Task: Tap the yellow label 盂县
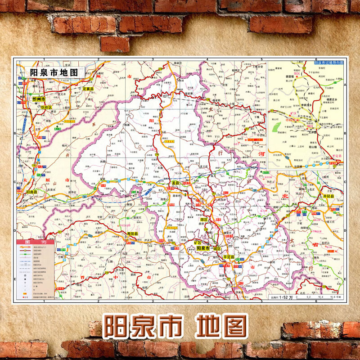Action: (x=175, y=183)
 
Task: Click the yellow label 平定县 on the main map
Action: (x=230, y=256)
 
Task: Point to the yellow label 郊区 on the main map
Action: (x=203, y=220)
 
